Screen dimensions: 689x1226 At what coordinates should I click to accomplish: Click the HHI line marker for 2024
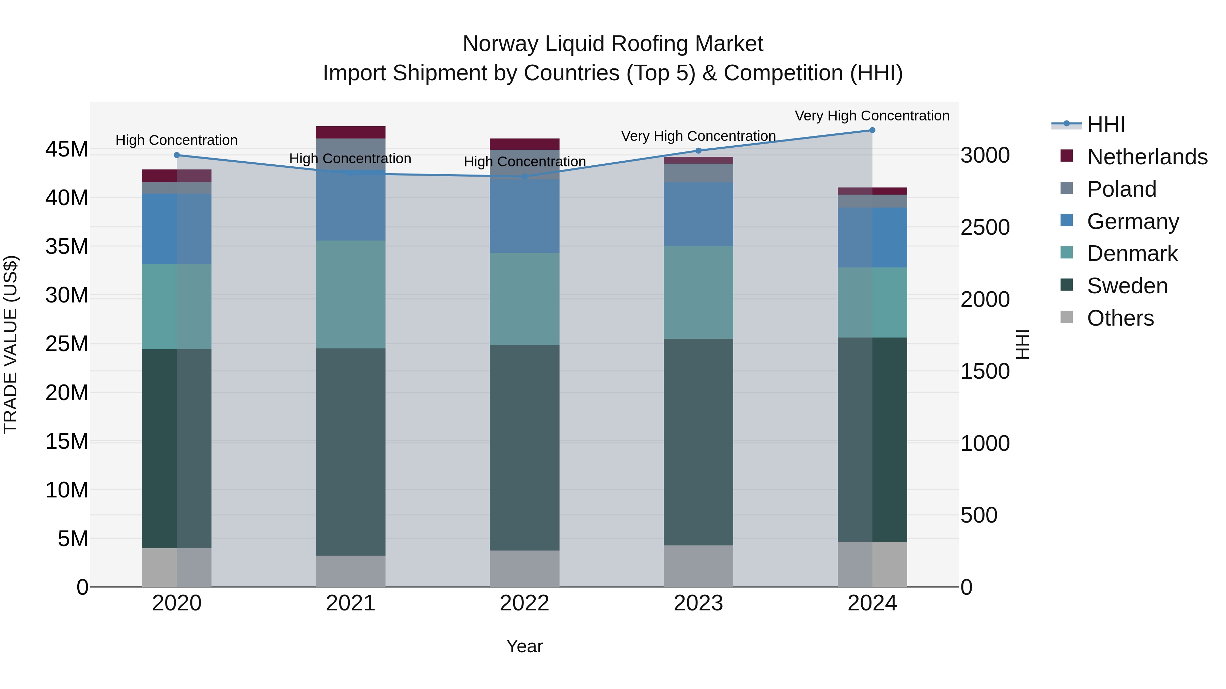pyautogui.click(x=872, y=130)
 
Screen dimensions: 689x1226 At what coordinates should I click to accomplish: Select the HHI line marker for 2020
pyautogui.click(x=176, y=155)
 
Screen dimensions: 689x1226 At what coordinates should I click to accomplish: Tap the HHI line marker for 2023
pyautogui.click(x=698, y=151)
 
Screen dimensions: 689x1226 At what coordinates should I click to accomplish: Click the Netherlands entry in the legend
pyautogui.click(x=1147, y=157)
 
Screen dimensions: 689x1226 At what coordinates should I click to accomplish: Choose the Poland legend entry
pyautogui.click(x=1121, y=189)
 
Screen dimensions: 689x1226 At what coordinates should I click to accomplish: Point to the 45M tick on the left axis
pyautogui.click(x=67, y=149)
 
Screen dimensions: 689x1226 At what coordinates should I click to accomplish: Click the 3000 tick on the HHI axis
pyautogui.click(x=985, y=155)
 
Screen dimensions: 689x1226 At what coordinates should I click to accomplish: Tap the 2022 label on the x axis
pyautogui.click(x=524, y=603)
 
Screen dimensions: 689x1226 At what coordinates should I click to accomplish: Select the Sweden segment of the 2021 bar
pyautogui.click(x=351, y=452)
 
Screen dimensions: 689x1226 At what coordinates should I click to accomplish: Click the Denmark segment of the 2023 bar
pyautogui.click(x=698, y=292)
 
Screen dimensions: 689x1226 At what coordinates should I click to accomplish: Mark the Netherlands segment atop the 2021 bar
pyautogui.click(x=351, y=132)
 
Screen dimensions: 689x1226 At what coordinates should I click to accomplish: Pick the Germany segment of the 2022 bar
pyautogui.click(x=524, y=216)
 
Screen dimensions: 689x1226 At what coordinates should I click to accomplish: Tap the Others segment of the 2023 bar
pyautogui.click(x=698, y=566)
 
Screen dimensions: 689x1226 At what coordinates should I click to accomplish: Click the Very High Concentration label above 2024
pyautogui.click(x=872, y=116)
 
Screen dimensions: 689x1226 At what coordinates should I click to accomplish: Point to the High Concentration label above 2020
pyautogui.click(x=176, y=140)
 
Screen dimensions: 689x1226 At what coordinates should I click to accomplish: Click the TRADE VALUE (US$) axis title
pyautogui.click(x=11, y=344)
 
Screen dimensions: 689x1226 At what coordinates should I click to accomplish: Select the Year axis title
pyautogui.click(x=524, y=646)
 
